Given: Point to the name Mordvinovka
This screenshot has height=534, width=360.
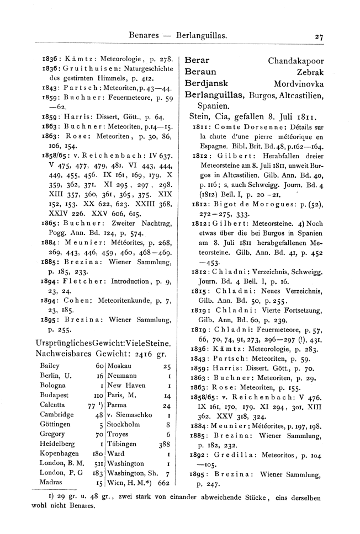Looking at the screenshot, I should [x=299, y=84].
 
